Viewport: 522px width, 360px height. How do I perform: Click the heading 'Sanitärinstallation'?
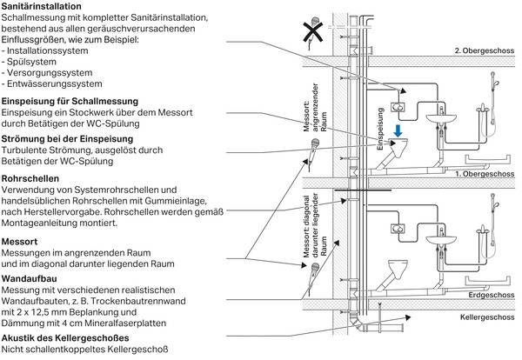coord(48,7)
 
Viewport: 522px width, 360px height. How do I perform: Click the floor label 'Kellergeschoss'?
coord(487,317)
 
